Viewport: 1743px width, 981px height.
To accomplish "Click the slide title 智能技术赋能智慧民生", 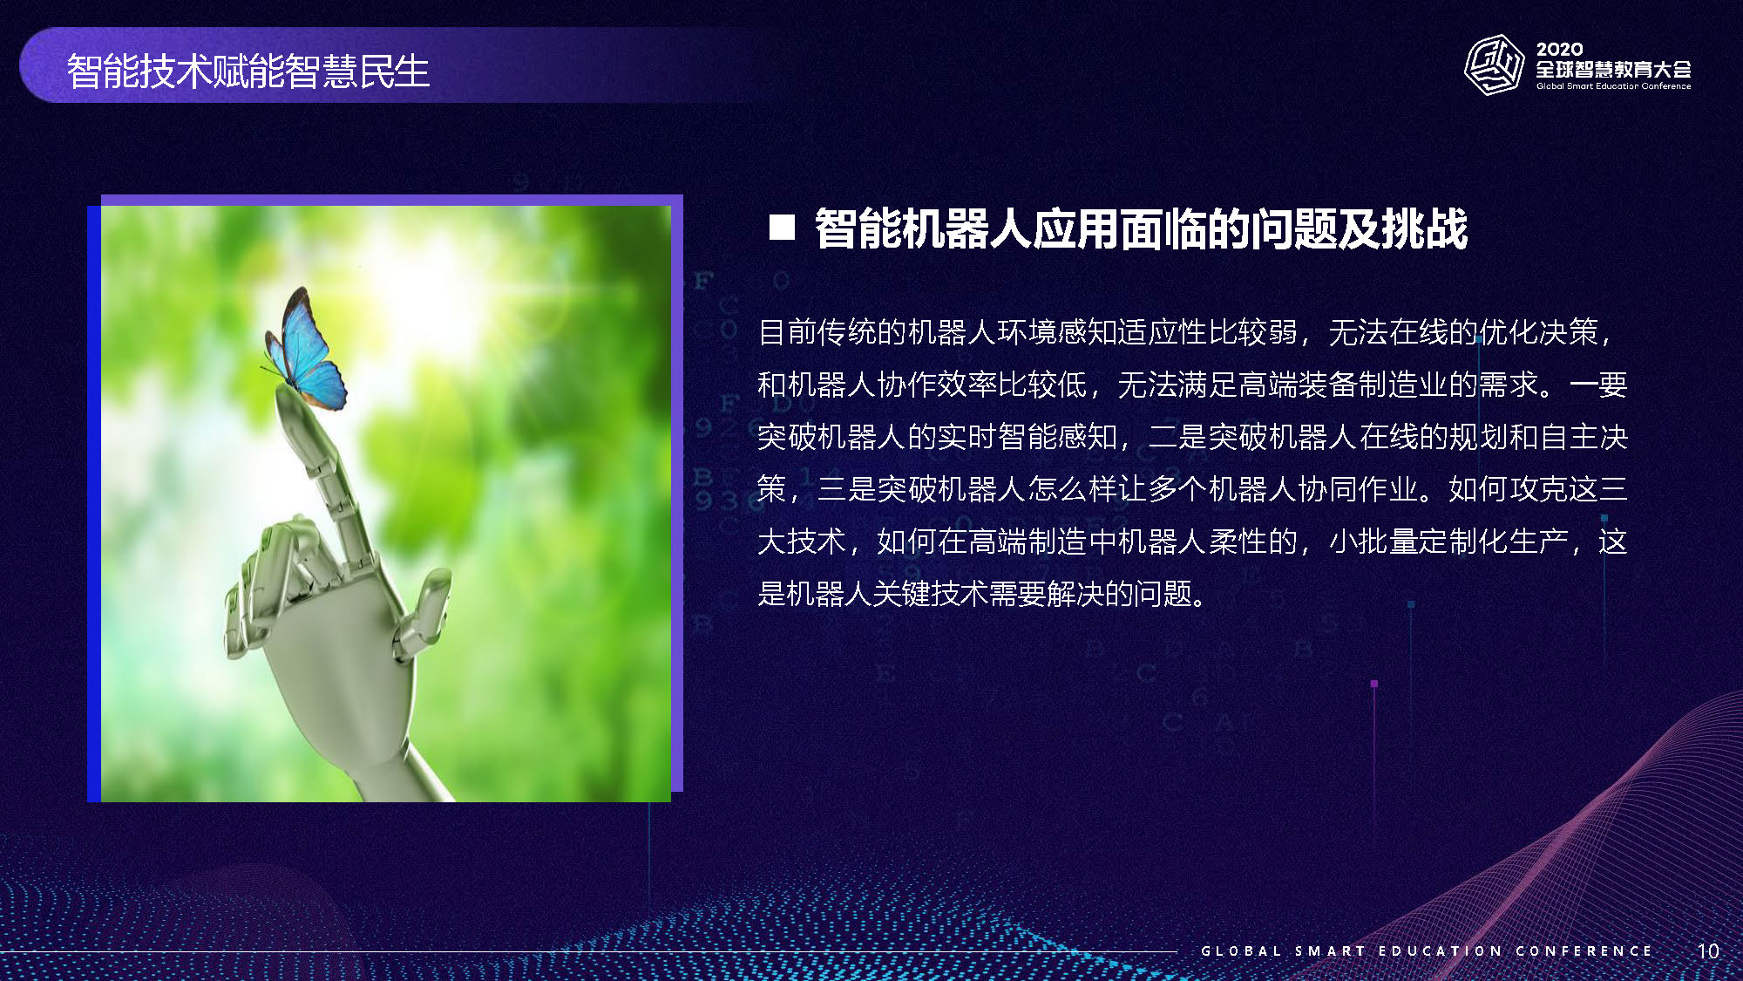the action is pos(248,71).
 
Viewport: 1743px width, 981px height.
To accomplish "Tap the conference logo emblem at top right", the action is pos(1494,65).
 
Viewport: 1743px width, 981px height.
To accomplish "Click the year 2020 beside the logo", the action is pos(1559,50).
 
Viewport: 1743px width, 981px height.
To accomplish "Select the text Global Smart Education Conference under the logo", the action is pos(1613,86).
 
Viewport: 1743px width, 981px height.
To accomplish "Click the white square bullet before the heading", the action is pos(782,228).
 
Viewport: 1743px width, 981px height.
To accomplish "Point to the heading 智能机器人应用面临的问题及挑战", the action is pos(1141,228).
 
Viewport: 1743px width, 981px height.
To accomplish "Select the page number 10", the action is pos(1708,950).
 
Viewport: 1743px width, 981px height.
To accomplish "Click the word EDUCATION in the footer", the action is pos(1441,950).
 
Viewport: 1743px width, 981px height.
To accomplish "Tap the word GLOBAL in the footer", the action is pos(1241,950).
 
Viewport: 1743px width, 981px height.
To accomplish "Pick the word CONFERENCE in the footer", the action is pos(1584,950).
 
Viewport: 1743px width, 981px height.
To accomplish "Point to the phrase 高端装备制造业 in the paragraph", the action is pos(1342,385).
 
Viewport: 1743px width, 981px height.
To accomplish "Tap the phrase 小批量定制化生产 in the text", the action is pos(1448,542).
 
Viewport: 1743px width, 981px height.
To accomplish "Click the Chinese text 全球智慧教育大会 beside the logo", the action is pos(1613,69).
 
